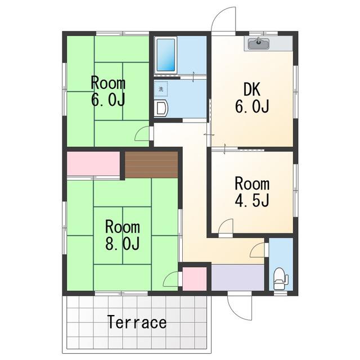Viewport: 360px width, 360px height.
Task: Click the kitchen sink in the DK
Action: pyautogui.click(x=259, y=43)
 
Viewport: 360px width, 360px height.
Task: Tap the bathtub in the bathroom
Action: pyautogui.click(x=165, y=55)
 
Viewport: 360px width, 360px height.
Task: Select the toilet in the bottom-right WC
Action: pyautogui.click(x=281, y=279)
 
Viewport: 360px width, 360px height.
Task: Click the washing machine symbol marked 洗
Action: pyautogui.click(x=161, y=89)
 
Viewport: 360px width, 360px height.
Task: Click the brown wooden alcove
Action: pyautogui.click(x=151, y=165)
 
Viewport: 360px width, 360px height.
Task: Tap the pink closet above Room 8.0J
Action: pyautogui.click(x=93, y=164)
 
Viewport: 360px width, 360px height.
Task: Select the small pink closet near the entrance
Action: pyautogui.click(x=195, y=279)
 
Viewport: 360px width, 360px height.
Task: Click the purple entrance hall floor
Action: pyautogui.click(x=237, y=278)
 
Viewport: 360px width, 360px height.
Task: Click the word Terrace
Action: pyautogui.click(x=137, y=322)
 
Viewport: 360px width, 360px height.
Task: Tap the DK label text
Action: pyautogui.click(x=252, y=89)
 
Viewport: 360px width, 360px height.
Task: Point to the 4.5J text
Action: pyautogui.click(x=252, y=200)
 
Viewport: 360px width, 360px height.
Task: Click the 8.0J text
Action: pyautogui.click(x=123, y=243)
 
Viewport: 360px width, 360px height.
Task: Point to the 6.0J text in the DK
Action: pyautogui.click(x=252, y=106)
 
